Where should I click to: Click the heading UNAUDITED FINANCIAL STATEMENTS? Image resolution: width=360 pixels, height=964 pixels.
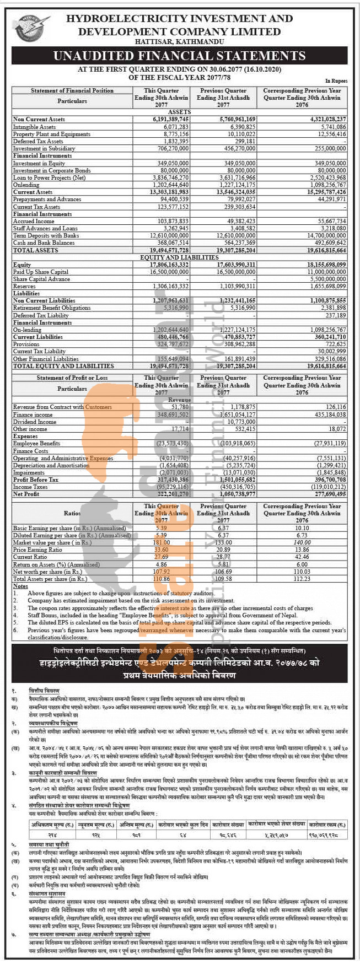pyautogui.click(x=180, y=56)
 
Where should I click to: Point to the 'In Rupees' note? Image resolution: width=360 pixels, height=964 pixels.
pyautogui.click(x=336, y=80)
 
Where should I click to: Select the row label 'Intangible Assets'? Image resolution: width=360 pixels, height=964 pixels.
pyautogui.click(x=34, y=127)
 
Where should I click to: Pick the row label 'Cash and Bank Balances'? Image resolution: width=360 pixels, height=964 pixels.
pyautogui.click(x=44, y=243)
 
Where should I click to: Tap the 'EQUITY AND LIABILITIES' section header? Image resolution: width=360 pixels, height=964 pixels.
pyautogui.click(x=180, y=257)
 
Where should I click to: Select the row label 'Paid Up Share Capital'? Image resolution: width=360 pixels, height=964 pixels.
pyautogui.click(x=41, y=272)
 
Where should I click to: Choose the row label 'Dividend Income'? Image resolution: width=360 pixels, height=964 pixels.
pyautogui.click(x=35, y=422)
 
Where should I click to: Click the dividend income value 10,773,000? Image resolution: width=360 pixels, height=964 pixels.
pyautogui.click(x=241, y=422)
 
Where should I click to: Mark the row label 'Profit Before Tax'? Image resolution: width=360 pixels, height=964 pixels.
pyautogui.click(x=37, y=480)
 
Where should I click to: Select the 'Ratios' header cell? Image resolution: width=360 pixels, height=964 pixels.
pyautogui.click(x=72, y=513)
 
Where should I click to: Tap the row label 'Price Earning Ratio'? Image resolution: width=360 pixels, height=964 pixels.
pyautogui.click(x=37, y=550)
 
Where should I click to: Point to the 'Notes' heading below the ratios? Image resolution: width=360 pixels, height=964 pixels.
pyautogui.click(x=20, y=586)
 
